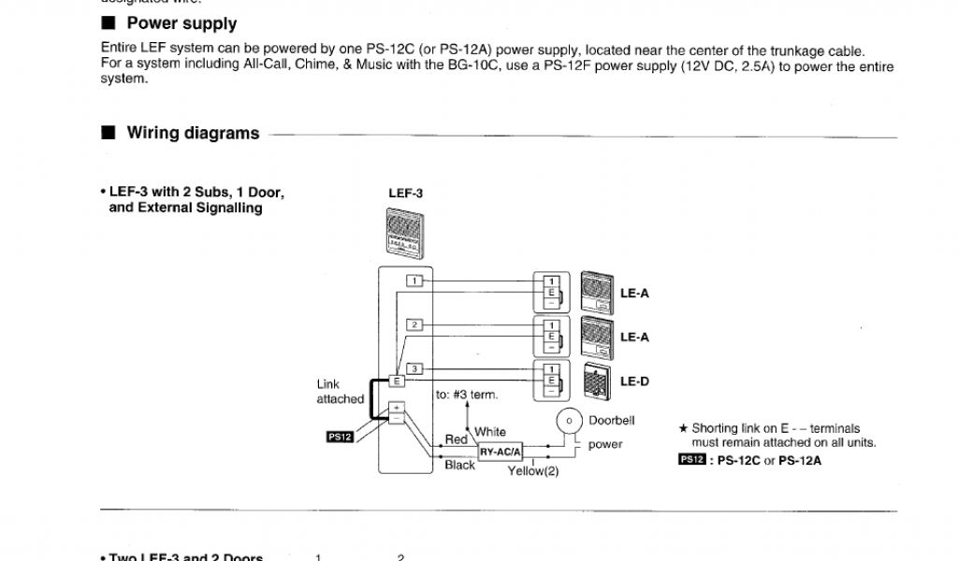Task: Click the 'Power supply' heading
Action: (181, 24)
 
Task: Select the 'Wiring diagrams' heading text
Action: (193, 134)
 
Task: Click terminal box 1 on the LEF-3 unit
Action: (414, 280)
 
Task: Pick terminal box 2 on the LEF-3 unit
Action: (414, 324)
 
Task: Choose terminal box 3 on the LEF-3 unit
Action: (414, 368)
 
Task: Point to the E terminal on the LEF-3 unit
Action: (397, 381)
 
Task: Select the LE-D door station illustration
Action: (596, 381)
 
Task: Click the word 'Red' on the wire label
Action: (456, 439)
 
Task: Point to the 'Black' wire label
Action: (459, 466)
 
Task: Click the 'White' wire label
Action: (490, 432)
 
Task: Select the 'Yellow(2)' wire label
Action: (533, 471)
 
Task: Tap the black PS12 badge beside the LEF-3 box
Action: (339, 436)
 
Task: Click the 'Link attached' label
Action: (340, 392)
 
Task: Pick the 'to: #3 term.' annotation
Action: (467, 395)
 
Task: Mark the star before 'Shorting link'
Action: (683, 429)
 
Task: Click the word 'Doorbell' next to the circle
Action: (612, 421)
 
